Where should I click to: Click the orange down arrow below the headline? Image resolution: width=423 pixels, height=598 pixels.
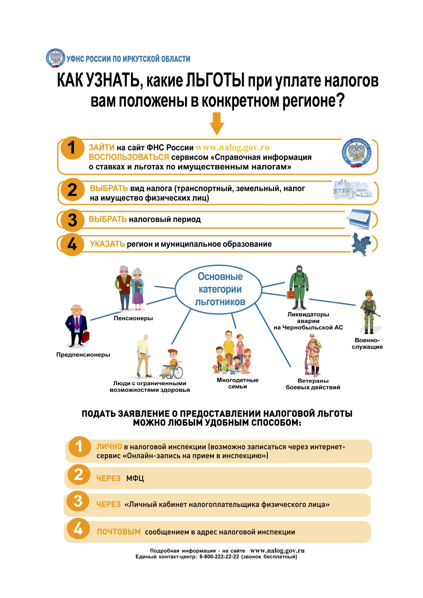click(216, 124)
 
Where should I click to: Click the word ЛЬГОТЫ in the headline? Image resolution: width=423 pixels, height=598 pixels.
click(215, 80)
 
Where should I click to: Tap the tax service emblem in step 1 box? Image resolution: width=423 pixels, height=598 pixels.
click(356, 153)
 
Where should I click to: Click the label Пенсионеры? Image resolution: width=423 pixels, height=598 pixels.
click(133, 318)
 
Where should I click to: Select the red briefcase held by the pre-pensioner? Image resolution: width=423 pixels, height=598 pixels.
click(86, 337)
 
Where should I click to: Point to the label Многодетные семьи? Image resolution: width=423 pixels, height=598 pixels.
click(237, 383)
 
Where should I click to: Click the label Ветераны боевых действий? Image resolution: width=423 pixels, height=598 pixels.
click(313, 384)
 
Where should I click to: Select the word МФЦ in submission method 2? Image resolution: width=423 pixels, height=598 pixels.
click(135, 478)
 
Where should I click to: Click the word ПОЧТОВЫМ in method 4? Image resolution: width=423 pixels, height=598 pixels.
click(119, 532)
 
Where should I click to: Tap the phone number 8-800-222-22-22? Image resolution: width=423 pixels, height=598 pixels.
click(219, 557)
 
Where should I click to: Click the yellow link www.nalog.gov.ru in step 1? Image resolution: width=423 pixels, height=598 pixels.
click(232, 147)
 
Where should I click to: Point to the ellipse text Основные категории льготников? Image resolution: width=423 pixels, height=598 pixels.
click(220, 289)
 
